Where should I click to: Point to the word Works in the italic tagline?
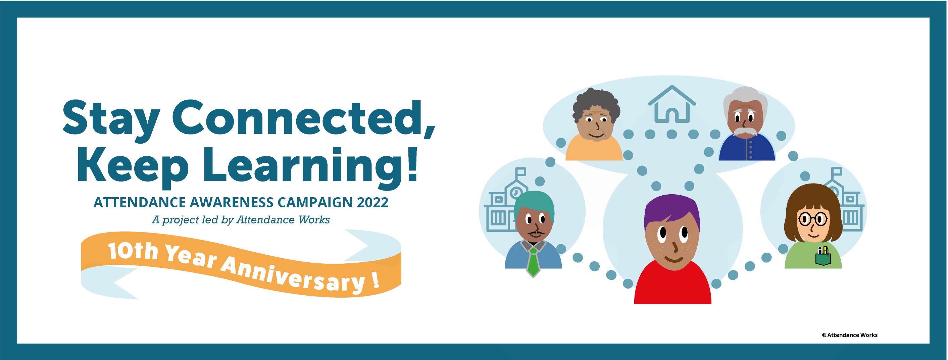coord(314,220)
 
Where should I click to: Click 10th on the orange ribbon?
coord(134,251)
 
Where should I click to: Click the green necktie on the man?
coord(533,262)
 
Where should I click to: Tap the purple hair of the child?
coord(672,210)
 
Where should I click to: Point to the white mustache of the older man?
coord(746,132)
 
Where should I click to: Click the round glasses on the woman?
coord(813,219)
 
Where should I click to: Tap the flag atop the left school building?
coord(521,172)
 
